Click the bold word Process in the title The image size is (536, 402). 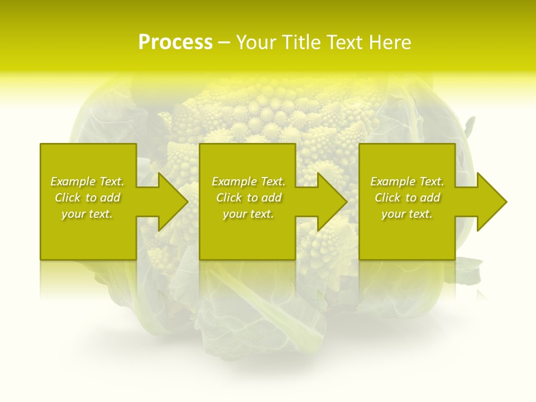tap(175, 42)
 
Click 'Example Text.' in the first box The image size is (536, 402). tap(87, 181)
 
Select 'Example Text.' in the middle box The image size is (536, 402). tap(248, 181)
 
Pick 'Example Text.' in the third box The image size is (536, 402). tap(407, 181)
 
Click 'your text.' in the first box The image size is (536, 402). tap(87, 214)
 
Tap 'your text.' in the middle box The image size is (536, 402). tap(248, 214)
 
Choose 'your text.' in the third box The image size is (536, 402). tap(407, 214)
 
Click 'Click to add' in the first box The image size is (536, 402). tap(87, 198)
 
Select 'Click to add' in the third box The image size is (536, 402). tap(407, 198)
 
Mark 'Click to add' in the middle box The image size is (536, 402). tap(248, 198)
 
